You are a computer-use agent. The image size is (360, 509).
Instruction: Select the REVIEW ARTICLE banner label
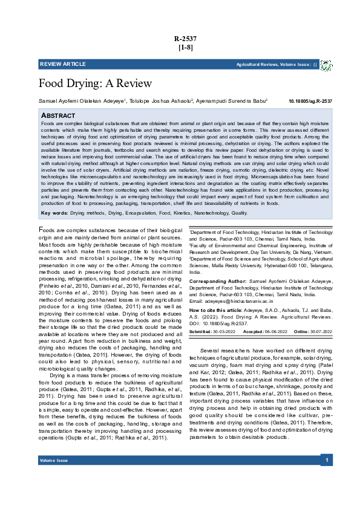pyautogui.click(x=63, y=64)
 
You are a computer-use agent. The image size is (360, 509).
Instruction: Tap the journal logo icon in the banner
pyautogui.click(x=326, y=64)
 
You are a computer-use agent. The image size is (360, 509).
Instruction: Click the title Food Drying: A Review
pyautogui.click(x=95, y=83)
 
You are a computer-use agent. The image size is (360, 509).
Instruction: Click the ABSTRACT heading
pyautogui.click(x=57, y=115)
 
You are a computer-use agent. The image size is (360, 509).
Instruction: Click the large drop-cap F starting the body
pyautogui.click(x=42, y=230)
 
